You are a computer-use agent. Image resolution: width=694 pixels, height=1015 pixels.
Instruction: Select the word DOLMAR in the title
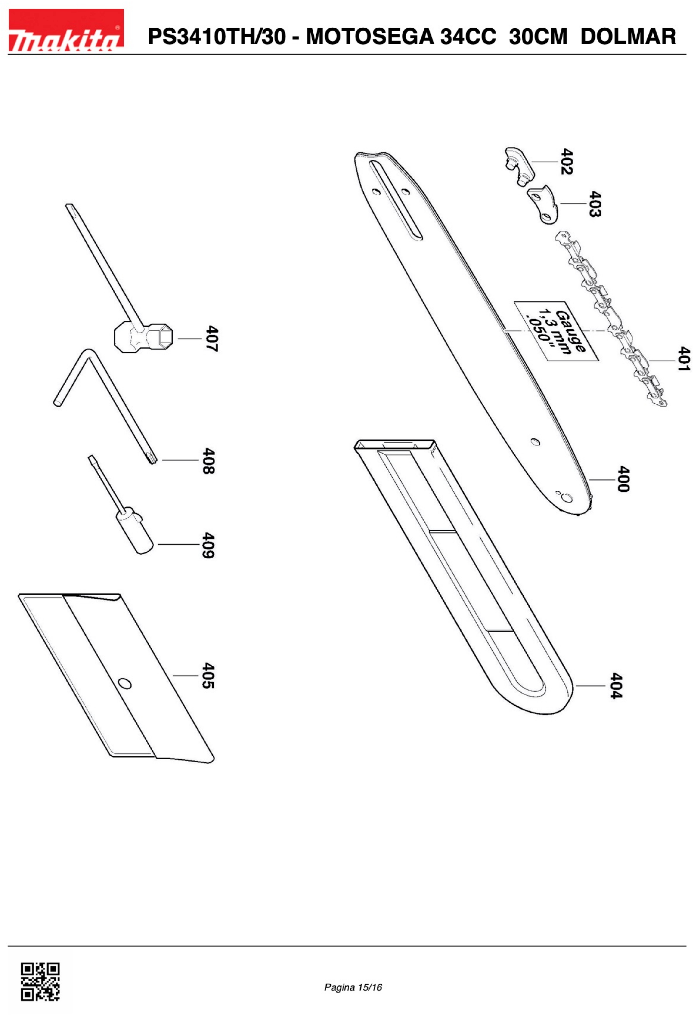click(628, 36)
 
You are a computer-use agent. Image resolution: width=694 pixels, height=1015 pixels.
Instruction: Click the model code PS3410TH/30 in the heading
click(217, 36)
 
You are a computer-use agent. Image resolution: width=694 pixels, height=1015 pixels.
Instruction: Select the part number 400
click(623, 479)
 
